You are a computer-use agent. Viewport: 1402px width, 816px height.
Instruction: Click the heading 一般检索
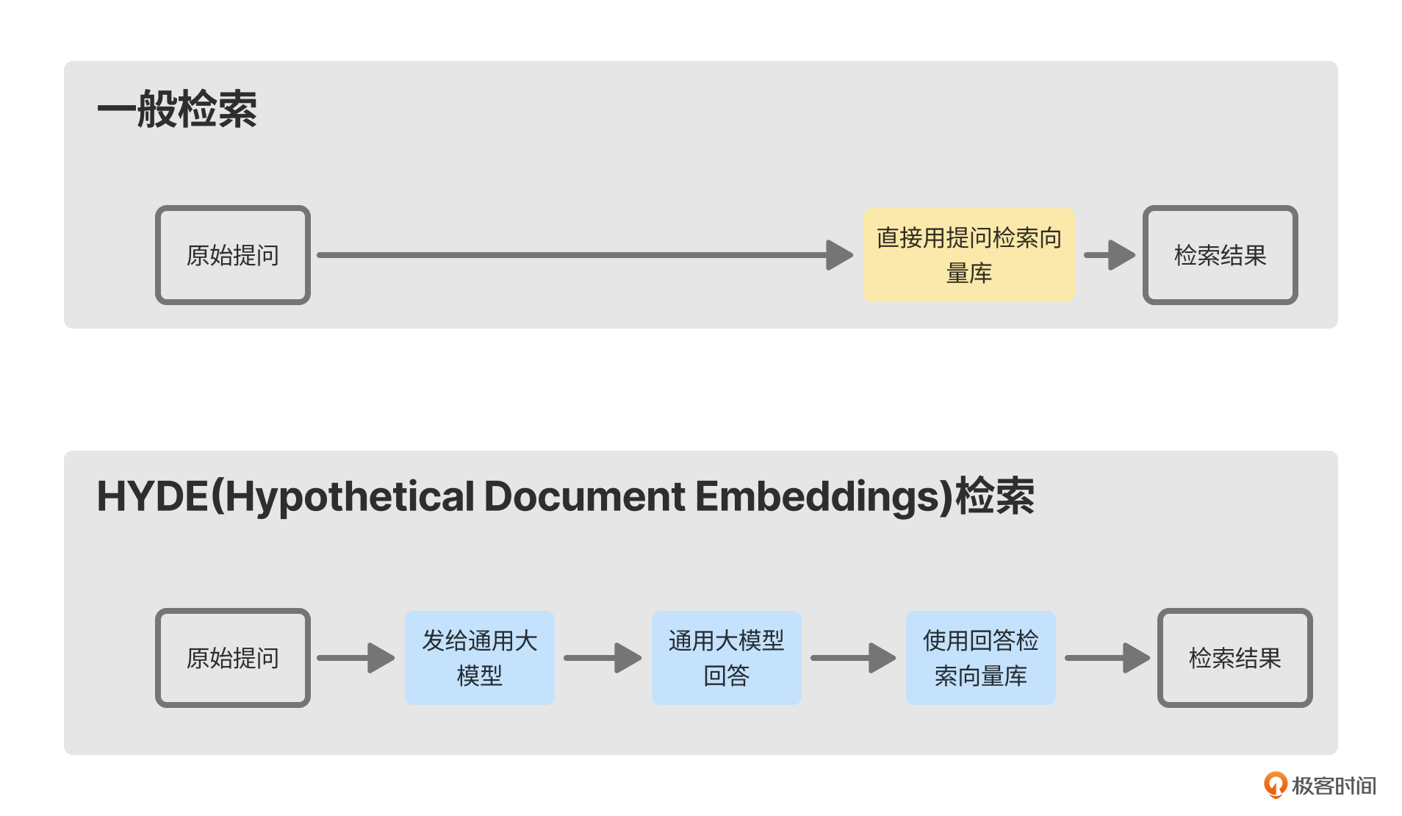[177, 110]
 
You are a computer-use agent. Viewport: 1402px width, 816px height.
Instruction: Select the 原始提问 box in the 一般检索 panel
[233, 255]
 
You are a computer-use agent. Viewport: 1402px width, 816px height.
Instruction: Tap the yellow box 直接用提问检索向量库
[969, 255]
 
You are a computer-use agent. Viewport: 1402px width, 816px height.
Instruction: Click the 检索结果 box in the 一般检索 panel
[1220, 255]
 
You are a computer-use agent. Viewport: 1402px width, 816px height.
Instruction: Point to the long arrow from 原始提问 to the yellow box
[580, 255]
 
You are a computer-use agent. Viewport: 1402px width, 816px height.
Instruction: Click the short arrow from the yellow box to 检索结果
[1110, 255]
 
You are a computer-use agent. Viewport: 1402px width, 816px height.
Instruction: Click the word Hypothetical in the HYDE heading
[350, 497]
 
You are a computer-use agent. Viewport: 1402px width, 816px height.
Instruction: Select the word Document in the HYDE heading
[584, 497]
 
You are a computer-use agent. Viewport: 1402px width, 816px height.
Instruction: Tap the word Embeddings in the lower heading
[819, 497]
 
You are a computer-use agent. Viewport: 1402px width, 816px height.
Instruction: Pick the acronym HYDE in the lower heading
[153, 497]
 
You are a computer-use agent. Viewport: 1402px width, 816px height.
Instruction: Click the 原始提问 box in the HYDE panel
[233, 658]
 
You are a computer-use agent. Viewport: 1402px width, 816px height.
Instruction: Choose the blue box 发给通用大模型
[480, 658]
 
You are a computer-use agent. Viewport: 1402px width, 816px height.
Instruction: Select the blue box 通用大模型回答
[727, 658]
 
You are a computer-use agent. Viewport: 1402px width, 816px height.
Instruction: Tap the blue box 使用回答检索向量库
[981, 658]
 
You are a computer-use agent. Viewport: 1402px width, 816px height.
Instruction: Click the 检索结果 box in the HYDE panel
[1234, 658]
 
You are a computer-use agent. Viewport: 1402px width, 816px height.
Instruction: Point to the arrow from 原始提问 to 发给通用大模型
[356, 658]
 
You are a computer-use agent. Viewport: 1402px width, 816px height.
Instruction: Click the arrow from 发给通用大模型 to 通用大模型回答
[603, 658]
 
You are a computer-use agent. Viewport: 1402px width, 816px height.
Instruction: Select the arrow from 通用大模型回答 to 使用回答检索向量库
[853, 658]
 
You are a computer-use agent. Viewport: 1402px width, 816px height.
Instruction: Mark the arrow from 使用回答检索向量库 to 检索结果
[1107, 658]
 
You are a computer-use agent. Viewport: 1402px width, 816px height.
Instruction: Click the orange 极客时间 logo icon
[1275, 785]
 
